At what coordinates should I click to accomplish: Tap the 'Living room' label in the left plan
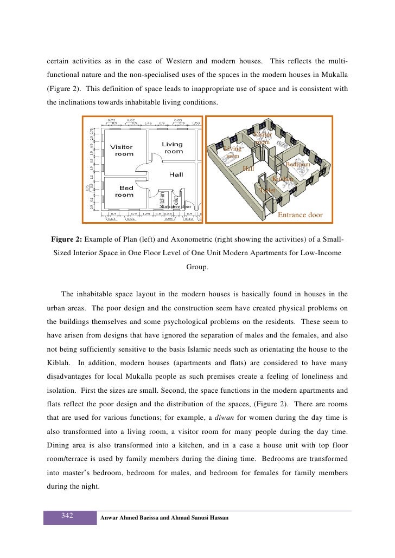point(173,148)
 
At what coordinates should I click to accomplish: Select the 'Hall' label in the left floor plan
point(176,174)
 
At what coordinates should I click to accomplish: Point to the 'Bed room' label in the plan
point(124,191)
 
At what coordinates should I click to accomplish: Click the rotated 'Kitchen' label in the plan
point(162,198)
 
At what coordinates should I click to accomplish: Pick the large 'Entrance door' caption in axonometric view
point(300,215)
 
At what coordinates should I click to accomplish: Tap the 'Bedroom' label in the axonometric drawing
point(297,164)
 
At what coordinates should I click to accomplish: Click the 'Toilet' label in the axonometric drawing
point(267,191)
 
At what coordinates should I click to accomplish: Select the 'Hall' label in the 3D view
point(249,169)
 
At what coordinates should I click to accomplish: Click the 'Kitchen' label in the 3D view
point(282,179)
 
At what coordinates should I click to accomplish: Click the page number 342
point(68,515)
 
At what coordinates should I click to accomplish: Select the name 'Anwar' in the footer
point(111,518)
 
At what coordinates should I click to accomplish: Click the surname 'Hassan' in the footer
point(216,518)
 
